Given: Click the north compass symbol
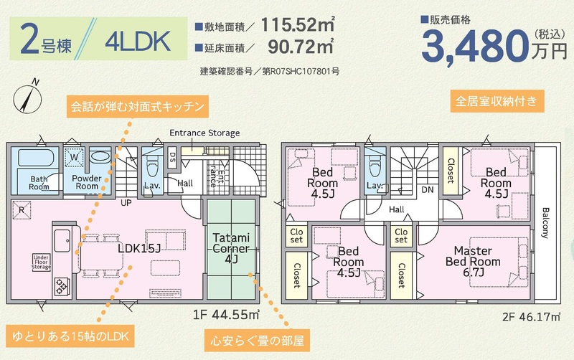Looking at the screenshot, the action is tap(27, 97).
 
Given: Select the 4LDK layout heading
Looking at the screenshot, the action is tap(138, 42).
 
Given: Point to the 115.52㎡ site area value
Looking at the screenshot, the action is tap(298, 25).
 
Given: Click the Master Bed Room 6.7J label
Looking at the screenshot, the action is tap(473, 261).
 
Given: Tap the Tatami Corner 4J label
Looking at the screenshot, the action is tap(231, 248).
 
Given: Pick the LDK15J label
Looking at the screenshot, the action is tap(139, 248).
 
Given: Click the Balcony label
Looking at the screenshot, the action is tap(545, 223).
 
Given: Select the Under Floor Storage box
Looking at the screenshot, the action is tap(41, 262).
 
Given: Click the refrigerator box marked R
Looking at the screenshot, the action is tap(22, 210).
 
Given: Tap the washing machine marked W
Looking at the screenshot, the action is tap(75, 158).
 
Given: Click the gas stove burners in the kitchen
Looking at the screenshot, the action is tap(61, 286).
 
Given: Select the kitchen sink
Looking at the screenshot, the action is tap(62, 240).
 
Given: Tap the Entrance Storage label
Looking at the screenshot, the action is tap(204, 133).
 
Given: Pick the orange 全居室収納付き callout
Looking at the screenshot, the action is tap(497, 100).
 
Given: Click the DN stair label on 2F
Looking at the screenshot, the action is tap(428, 189).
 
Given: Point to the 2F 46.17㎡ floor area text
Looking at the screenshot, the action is tap(531, 316).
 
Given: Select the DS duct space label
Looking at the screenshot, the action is tap(172, 157).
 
